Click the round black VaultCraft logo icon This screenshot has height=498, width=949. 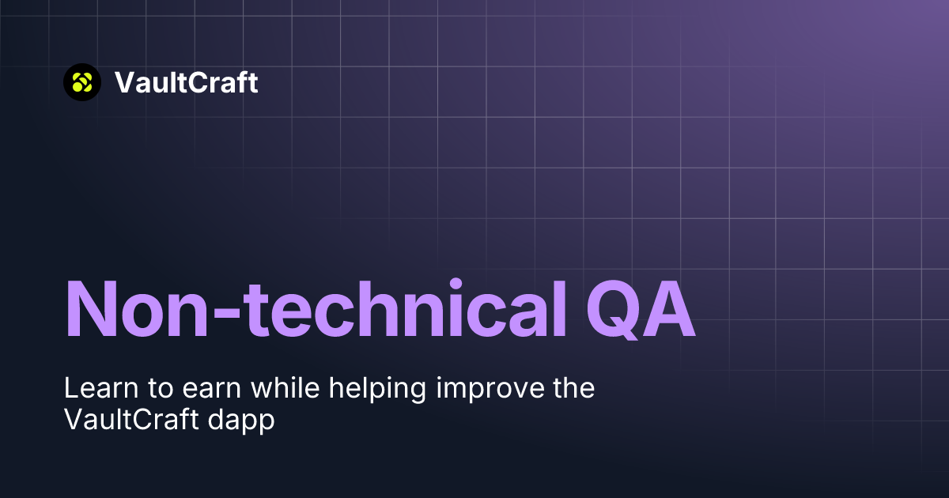82,82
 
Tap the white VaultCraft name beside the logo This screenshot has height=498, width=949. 186,82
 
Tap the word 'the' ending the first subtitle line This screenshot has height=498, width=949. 572,389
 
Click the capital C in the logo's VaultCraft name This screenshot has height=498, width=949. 197,82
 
